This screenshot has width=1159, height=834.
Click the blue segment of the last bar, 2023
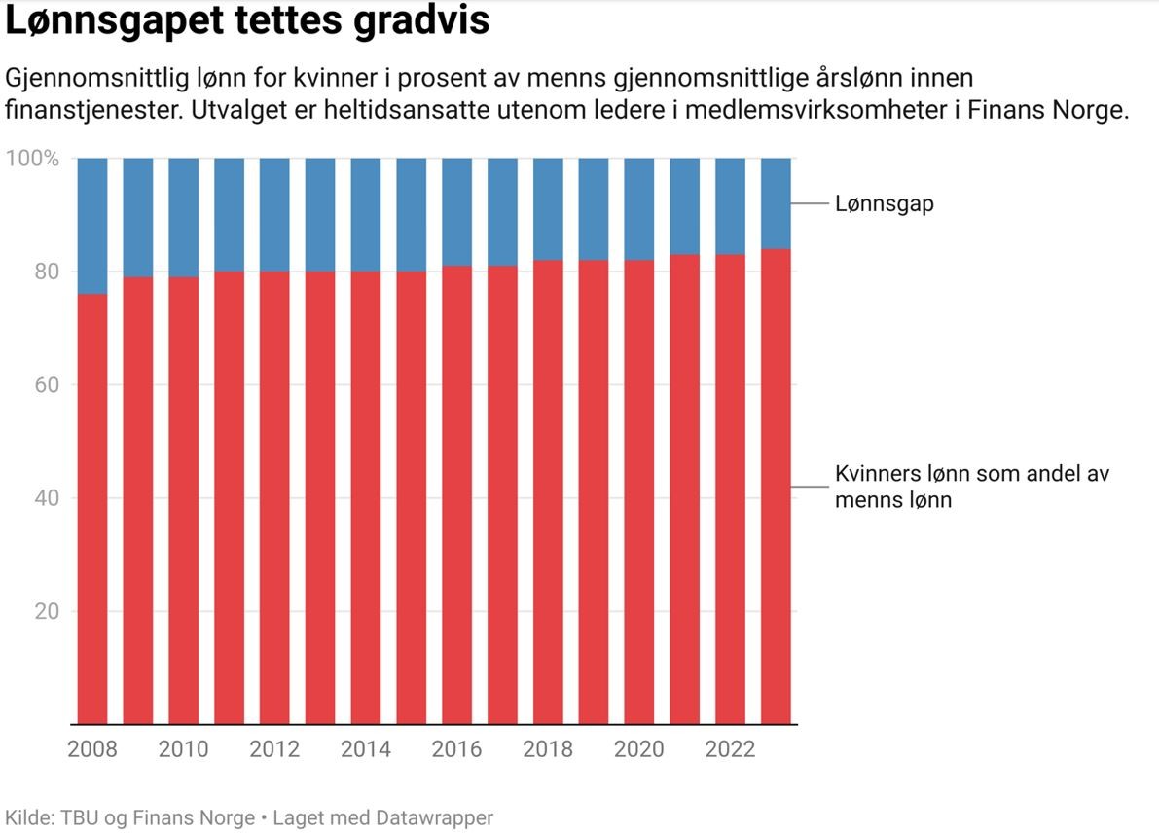point(776,203)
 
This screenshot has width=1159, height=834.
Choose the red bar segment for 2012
point(274,497)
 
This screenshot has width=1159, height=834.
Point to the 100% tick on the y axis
point(33,159)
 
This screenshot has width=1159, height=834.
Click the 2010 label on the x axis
point(183,749)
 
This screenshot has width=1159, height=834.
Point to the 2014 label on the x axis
point(366,749)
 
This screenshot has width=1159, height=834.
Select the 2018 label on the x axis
point(548,749)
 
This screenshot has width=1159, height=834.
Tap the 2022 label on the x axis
point(730,749)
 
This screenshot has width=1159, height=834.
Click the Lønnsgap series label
point(884,204)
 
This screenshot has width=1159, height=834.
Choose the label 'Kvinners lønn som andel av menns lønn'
point(971,487)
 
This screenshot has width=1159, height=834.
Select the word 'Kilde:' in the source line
point(29,817)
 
